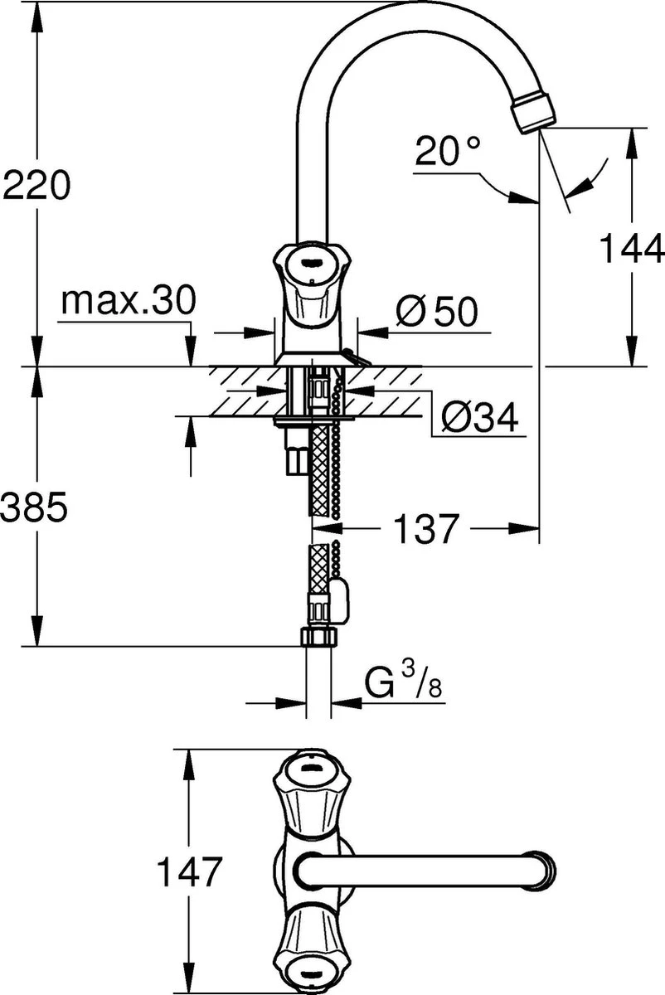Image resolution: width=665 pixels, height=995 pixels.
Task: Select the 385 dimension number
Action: point(33,508)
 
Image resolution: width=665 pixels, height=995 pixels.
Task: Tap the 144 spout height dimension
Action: point(632,247)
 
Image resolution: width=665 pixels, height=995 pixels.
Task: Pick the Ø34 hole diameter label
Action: point(478,420)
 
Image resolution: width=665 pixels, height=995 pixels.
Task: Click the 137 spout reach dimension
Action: point(425,528)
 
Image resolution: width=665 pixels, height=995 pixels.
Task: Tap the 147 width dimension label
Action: point(191,872)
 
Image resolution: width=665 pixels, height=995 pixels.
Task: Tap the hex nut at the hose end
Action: point(318,637)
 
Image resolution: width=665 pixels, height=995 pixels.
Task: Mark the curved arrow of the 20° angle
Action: point(596,177)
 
